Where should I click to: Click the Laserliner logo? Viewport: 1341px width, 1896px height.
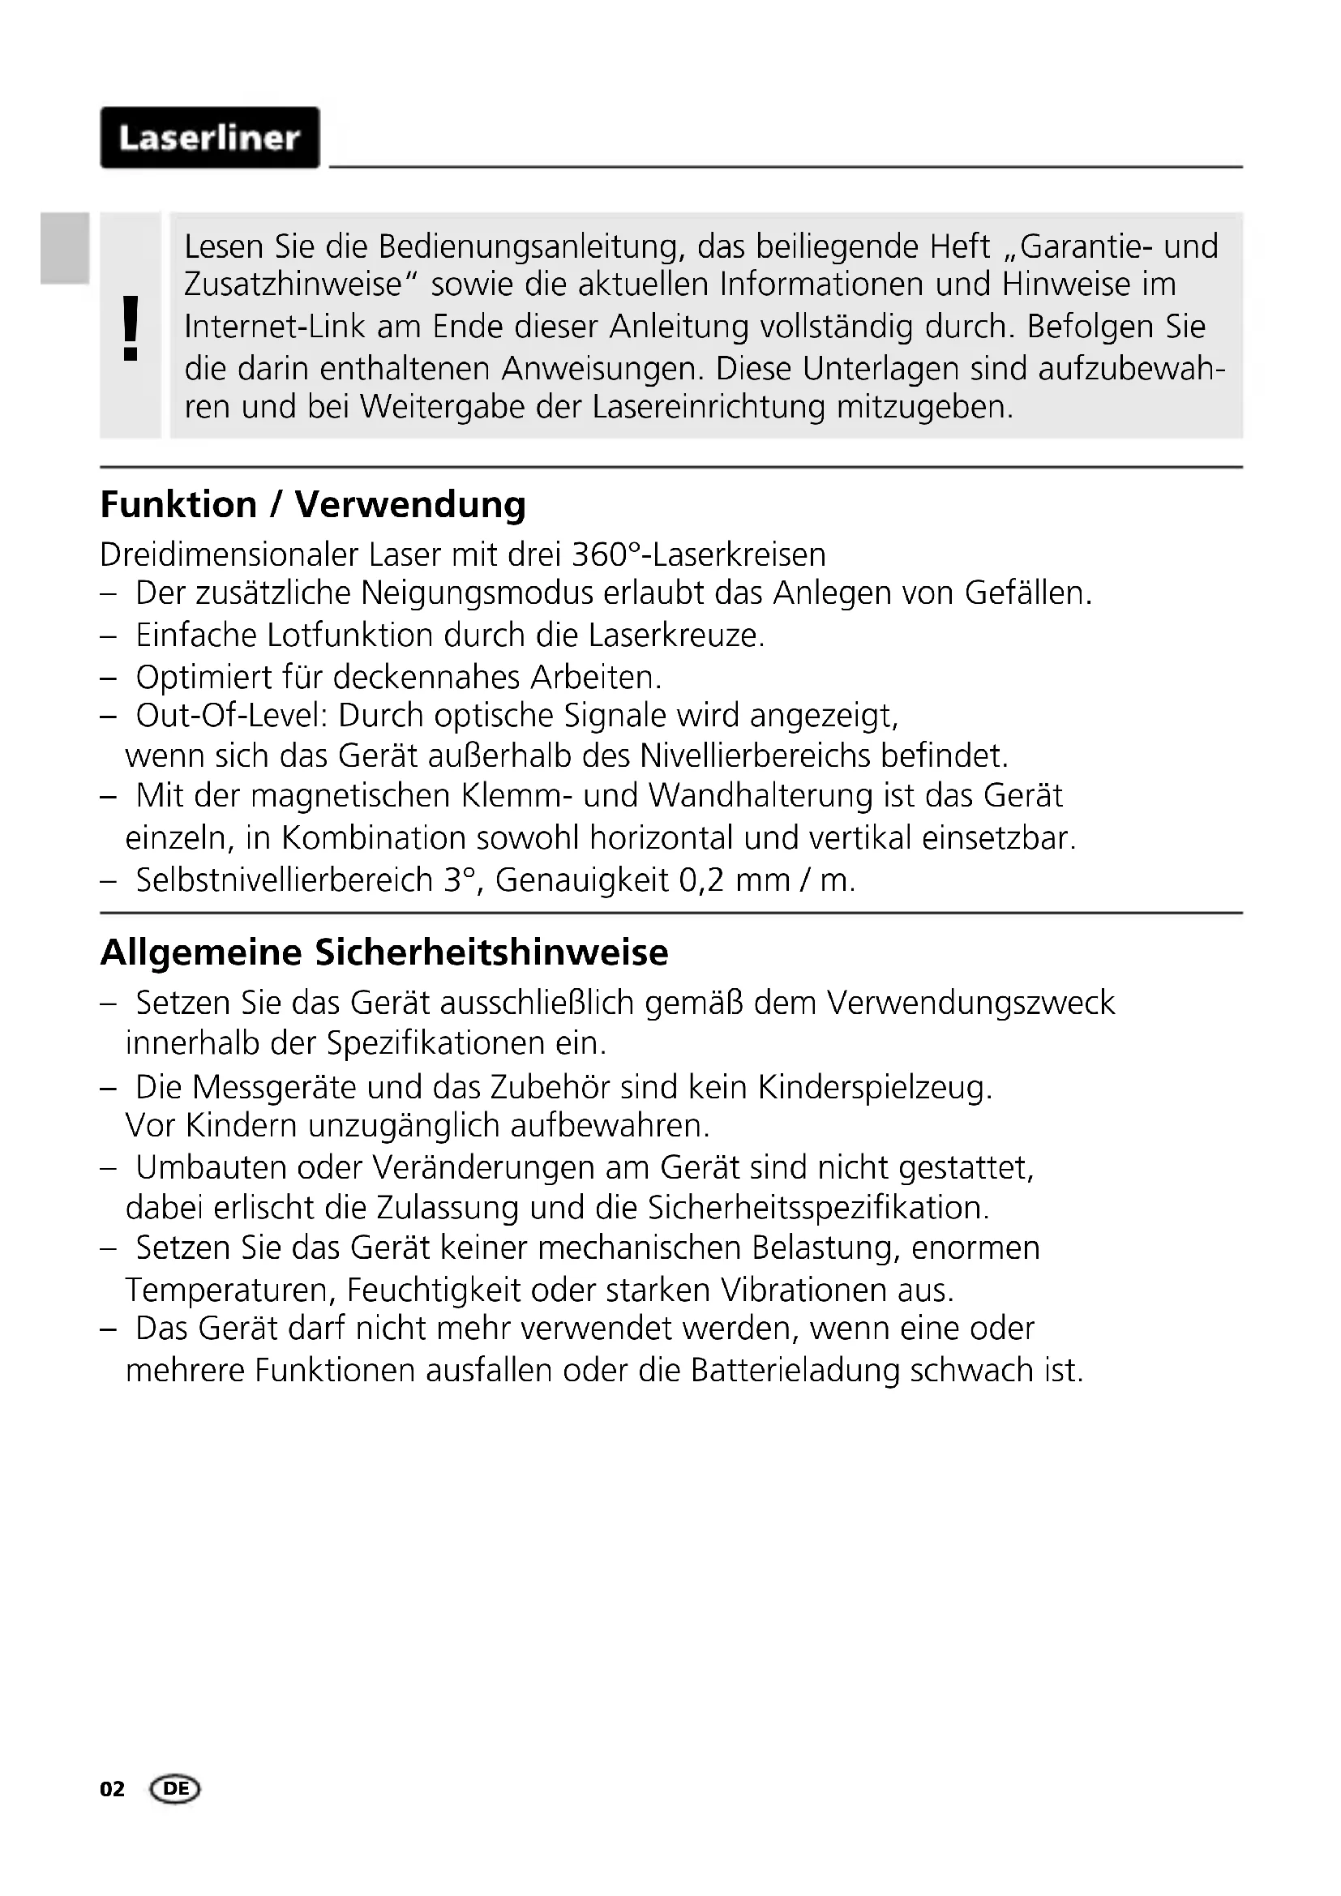[x=210, y=138]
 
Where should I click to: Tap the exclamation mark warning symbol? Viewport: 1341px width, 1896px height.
[x=131, y=327]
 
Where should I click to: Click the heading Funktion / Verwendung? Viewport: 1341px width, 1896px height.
[x=312, y=504]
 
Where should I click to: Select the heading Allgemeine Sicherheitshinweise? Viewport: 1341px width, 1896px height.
[x=384, y=952]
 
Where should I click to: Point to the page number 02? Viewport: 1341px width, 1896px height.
[x=113, y=1789]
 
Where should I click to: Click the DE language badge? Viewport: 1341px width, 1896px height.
[x=175, y=1789]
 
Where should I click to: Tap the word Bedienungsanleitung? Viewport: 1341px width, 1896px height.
[x=531, y=247]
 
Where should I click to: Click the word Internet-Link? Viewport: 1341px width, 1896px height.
[x=274, y=327]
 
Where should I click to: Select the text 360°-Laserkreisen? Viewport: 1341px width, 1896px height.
[x=699, y=555]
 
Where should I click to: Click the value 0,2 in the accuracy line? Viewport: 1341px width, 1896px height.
[x=702, y=881]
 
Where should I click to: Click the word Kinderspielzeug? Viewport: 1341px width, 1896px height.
[x=875, y=1088]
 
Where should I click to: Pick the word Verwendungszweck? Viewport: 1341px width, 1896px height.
[x=971, y=1004]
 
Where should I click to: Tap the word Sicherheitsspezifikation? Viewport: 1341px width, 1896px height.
[x=817, y=1208]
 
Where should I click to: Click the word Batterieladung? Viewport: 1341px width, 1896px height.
[x=795, y=1371]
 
